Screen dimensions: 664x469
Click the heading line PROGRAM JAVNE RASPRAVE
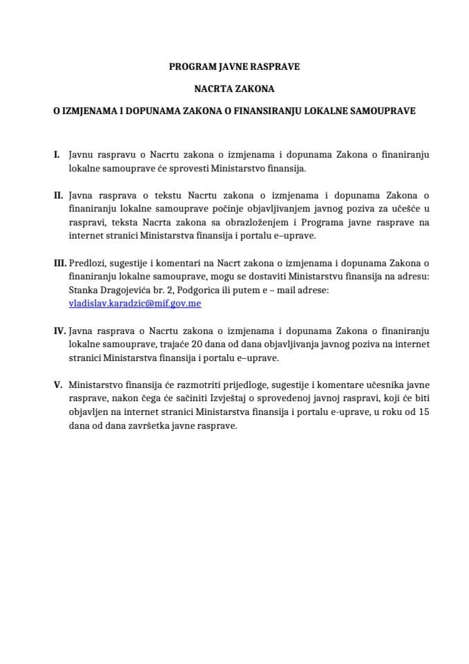click(x=234, y=68)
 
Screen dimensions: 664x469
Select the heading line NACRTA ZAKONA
click(x=234, y=89)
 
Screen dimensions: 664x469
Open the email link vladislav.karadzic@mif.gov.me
click(x=135, y=303)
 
